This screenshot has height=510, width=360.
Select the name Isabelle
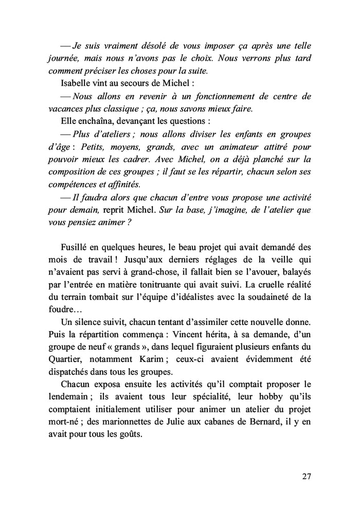pos(76,83)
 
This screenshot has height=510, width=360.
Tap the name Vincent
pos(201,334)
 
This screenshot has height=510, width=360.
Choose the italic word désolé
pos(146,46)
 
